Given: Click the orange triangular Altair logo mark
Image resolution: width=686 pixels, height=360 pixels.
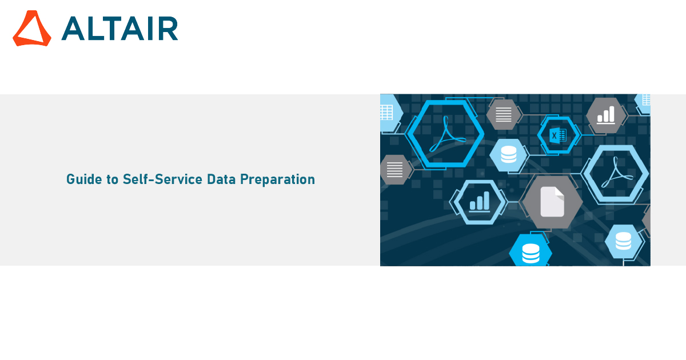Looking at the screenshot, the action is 32,29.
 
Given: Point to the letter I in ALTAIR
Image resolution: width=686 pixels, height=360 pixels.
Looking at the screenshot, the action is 150,29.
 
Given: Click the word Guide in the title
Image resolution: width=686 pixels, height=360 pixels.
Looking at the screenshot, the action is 84,179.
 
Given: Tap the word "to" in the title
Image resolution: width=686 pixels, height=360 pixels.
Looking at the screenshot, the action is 113,179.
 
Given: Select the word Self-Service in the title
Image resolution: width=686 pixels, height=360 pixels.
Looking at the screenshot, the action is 162,179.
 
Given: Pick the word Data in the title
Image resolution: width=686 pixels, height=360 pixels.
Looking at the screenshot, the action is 221,179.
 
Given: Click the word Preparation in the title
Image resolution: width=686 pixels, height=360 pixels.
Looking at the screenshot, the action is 277,179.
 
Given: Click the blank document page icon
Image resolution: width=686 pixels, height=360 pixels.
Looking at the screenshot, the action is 552,202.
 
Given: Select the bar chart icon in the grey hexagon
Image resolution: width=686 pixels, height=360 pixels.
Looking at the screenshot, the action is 606,115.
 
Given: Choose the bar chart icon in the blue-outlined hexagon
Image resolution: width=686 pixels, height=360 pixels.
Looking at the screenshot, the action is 480,202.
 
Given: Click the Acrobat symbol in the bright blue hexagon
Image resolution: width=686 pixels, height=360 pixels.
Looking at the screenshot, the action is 447,134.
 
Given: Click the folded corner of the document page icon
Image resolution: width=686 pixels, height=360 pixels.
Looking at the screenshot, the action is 560,193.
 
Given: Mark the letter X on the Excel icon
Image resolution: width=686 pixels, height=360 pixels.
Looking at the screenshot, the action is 554,135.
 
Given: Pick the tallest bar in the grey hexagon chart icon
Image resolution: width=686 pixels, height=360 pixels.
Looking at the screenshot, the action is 612,114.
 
